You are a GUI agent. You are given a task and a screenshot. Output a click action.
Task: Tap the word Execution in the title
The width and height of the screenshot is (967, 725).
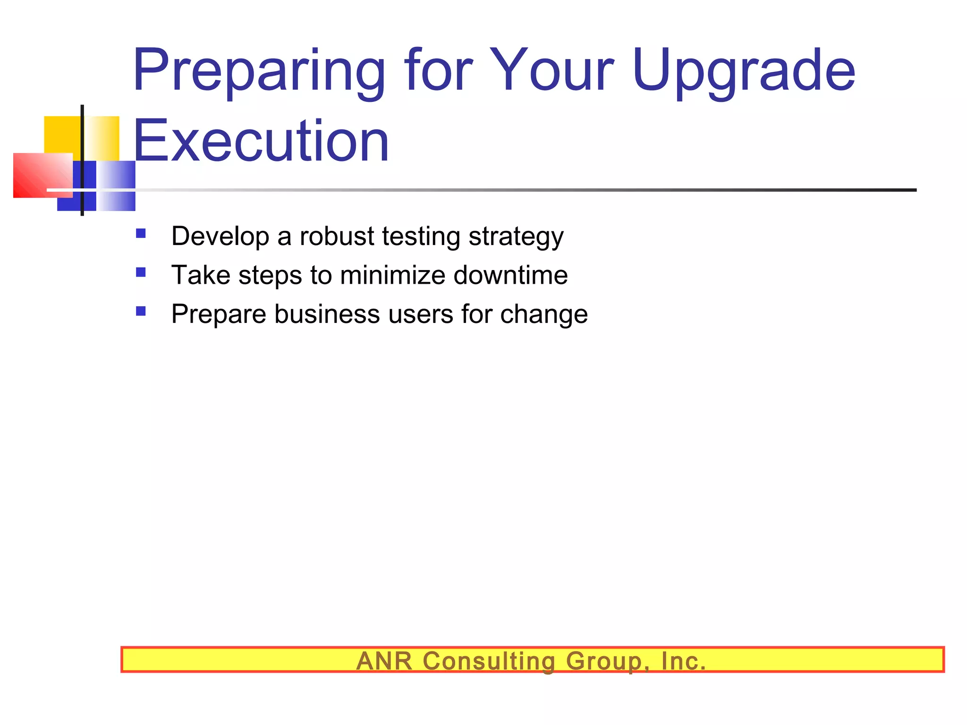coord(261,141)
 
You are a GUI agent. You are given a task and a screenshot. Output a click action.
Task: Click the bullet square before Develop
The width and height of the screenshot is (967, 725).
coord(141,233)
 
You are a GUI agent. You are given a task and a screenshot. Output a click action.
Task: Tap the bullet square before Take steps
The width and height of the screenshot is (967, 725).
coord(141,272)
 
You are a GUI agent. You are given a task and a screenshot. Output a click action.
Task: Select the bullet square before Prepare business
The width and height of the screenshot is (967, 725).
coord(141,311)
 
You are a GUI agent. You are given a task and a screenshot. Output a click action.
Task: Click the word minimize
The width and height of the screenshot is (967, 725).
coord(392,275)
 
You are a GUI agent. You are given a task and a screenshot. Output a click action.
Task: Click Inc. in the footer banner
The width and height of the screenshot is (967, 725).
coord(683,660)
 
